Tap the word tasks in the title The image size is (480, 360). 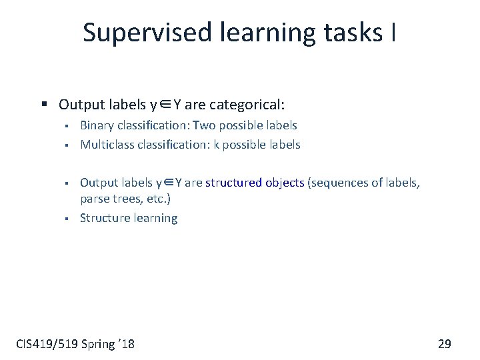[349, 33]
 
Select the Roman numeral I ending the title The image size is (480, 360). [392, 33]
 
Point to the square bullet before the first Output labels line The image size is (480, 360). [44, 105]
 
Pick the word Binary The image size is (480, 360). [97, 125]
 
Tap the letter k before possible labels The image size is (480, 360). [216, 144]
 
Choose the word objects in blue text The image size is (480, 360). [283, 182]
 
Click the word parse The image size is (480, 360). [94, 199]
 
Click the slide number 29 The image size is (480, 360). [444, 343]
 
